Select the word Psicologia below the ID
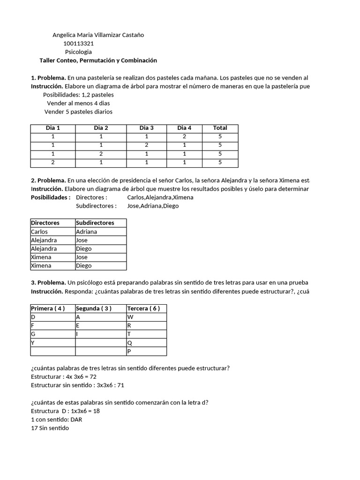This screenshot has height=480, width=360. [78, 52]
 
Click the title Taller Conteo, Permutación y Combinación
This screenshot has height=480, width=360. [98, 60]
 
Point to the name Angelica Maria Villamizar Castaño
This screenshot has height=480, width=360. [98, 35]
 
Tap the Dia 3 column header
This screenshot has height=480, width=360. [146, 128]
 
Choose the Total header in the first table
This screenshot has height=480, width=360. [220, 128]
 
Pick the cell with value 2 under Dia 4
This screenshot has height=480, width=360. [184, 136]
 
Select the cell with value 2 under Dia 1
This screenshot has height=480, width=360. [53, 162]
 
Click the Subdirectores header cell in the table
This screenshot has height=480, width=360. [95, 223]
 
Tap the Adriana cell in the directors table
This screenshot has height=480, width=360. [87, 232]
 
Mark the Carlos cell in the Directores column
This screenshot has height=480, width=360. [39, 232]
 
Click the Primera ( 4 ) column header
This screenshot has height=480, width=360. [47, 308]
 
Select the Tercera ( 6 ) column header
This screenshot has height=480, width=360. [143, 308]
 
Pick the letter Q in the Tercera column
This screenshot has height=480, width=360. [130, 343]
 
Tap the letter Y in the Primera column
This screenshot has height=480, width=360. [33, 343]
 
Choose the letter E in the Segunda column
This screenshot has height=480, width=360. [78, 325]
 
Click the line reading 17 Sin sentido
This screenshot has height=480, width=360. [50, 428]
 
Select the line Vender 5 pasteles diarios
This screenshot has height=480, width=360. [78, 112]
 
